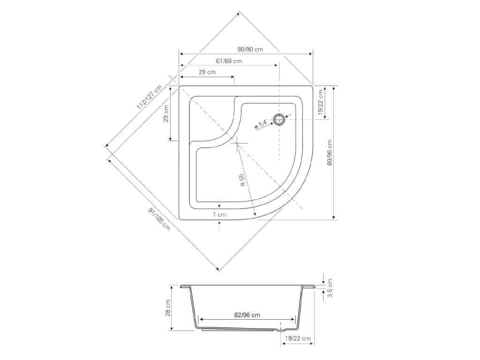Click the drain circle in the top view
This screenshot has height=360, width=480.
(x=279, y=120)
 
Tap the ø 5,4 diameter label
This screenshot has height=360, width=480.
(x=261, y=124)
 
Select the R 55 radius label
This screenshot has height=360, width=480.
(x=242, y=180)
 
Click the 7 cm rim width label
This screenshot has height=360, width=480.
(x=219, y=215)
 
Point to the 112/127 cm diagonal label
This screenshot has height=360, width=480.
(x=149, y=97)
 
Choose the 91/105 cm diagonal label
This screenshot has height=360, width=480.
(x=159, y=219)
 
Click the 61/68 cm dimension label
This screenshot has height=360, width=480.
(x=229, y=61)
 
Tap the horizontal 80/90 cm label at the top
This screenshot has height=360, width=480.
(x=250, y=49)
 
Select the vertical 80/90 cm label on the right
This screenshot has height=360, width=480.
(x=330, y=152)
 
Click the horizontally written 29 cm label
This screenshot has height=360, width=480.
(x=207, y=72)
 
